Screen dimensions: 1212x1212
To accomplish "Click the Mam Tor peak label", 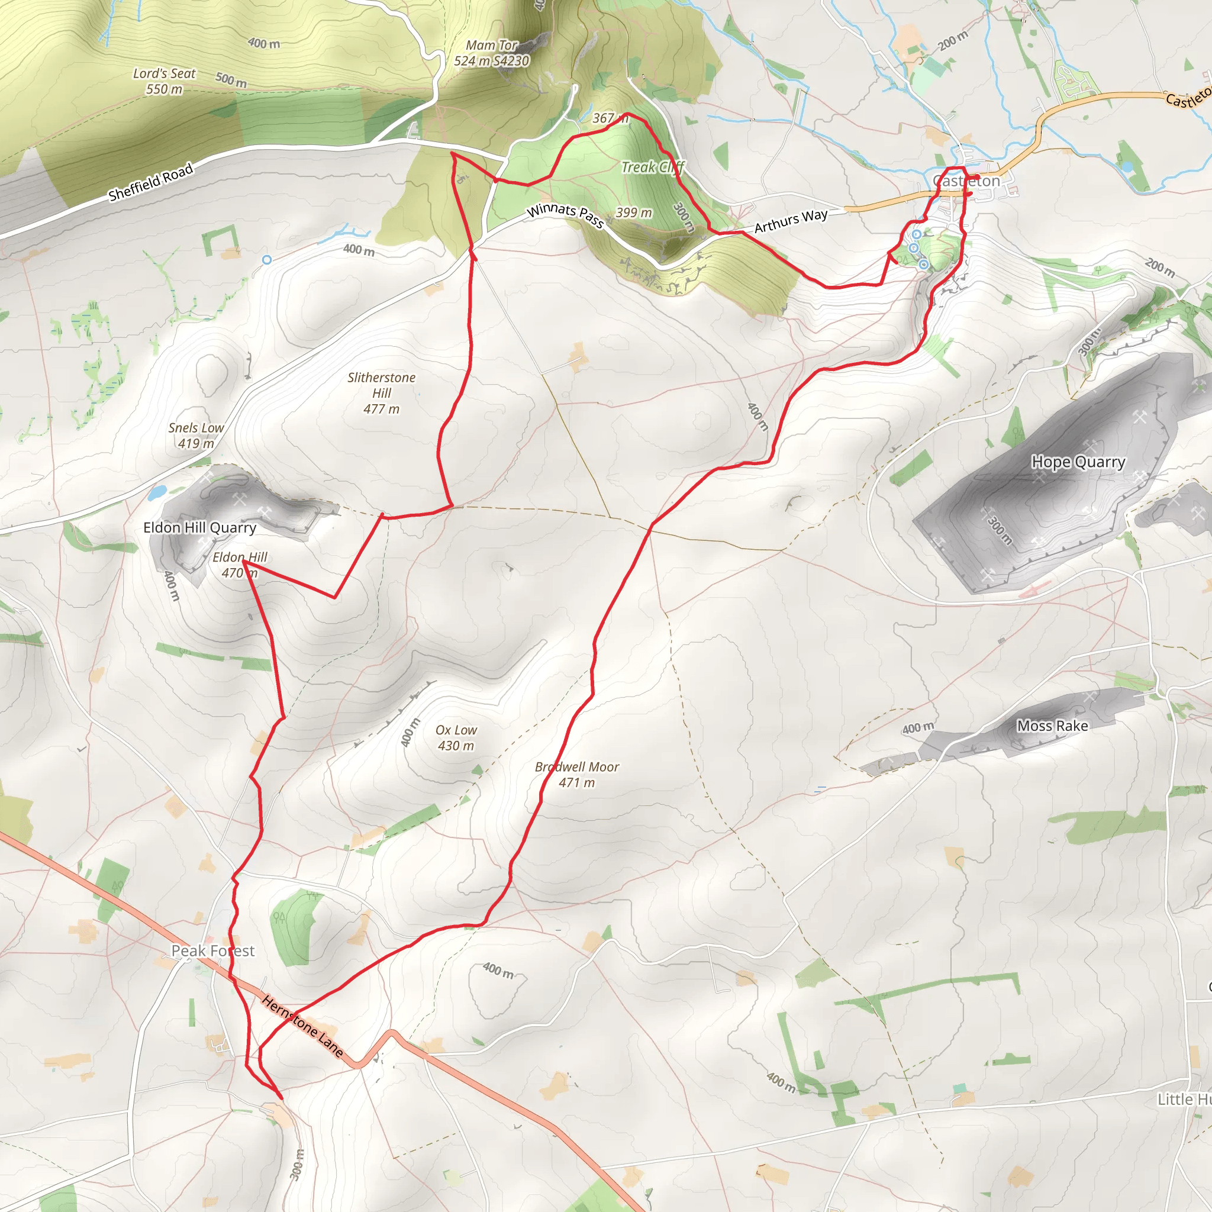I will pyautogui.click(x=491, y=53).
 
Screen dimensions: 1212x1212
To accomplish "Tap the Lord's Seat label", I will pyautogui.click(x=165, y=82).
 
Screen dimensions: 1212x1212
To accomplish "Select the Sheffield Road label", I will pyautogui.click(x=150, y=182).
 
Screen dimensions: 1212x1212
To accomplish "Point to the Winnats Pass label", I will pyautogui.click(x=565, y=215).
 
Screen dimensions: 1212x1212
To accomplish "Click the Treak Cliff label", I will pyautogui.click(x=652, y=167).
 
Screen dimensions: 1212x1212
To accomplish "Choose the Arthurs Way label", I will pyautogui.click(x=791, y=221).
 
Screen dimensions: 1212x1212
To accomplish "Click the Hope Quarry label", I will pyautogui.click(x=1078, y=462).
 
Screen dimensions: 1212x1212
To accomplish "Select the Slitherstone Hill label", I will pyautogui.click(x=382, y=393).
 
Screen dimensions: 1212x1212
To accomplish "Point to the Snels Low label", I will pyautogui.click(x=196, y=436).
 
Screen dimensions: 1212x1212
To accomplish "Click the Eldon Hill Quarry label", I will pyautogui.click(x=199, y=527).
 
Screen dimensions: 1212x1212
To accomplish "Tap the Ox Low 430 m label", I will pyautogui.click(x=456, y=738).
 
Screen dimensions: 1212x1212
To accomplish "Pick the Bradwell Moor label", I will pyautogui.click(x=576, y=774).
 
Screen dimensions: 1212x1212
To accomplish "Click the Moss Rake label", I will pyautogui.click(x=1053, y=726).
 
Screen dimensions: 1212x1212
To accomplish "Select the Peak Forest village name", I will pyautogui.click(x=212, y=951).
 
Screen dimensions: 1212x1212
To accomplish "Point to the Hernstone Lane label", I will pyautogui.click(x=302, y=1026).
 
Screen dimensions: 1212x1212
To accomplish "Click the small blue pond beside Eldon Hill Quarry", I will pyautogui.click(x=157, y=492).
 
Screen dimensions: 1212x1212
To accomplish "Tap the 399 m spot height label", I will pyautogui.click(x=634, y=212).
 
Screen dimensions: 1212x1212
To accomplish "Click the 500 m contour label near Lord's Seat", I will pyautogui.click(x=231, y=80).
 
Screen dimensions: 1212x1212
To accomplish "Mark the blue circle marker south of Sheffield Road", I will pyautogui.click(x=267, y=260).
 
